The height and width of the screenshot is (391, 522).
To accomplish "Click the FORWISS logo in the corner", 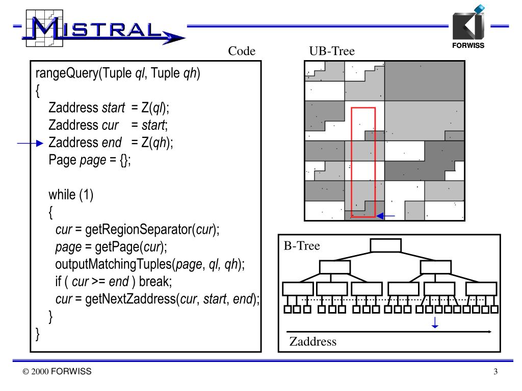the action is pyautogui.click(x=468, y=28).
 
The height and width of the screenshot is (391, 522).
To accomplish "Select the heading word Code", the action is pyautogui.click(x=242, y=51).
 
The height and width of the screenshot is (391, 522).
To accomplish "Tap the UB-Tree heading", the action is pyautogui.click(x=331, y=51).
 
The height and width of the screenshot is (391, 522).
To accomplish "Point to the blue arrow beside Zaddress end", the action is pyautogui.click(x=30, y=144).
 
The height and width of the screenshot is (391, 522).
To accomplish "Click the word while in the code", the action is pyautogui.click(x=63, y=195).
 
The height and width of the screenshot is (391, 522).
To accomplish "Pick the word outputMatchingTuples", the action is pyautogui.click(x=114, y=264).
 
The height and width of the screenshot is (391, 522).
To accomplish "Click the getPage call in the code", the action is pyautogui.click(x=113, y=247).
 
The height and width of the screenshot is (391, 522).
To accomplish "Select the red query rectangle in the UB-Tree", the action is pyautogui.click(x=363, y=161).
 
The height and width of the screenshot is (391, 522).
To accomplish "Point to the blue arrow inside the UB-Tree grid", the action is pyautogui.click(x=386, y=216).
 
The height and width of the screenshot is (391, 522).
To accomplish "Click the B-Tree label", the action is pyautogui.click(x=302, y=246).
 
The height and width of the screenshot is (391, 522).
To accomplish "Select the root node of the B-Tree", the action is pyautogui.click(x=386, y=245).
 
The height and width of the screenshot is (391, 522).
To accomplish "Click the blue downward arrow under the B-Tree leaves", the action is pyautogui.click(x=435, y=323).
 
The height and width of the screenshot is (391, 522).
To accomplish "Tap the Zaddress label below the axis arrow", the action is pyautogui.click(x=313, y=342).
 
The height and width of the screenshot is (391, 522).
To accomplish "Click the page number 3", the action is pyautogui.click(x=495, y=372).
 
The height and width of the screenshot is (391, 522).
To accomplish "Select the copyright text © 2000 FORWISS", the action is pyautogui.click(x=57, y=372).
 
